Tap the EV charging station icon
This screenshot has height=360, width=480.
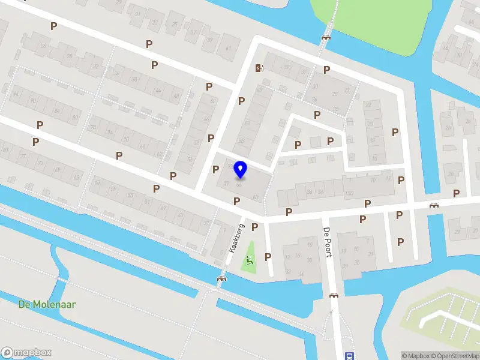(259, 68)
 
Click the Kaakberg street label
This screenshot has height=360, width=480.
(238, 238)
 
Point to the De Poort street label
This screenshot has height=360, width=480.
(328, 242)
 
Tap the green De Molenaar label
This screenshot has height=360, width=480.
(47, 305)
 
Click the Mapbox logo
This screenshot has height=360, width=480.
(26, 353)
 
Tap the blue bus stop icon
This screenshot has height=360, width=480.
(349, 356)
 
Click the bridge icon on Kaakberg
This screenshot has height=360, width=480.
(221, 279)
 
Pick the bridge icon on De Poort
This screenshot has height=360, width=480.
(334, 295)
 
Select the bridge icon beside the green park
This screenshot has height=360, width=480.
(326, 37)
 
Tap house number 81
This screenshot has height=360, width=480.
(6, 148)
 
